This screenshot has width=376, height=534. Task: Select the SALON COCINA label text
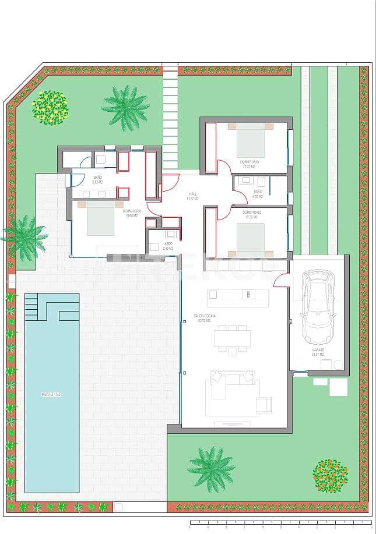205,317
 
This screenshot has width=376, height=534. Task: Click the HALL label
193,196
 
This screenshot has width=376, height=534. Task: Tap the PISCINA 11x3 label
51,395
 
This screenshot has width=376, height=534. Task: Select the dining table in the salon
232,339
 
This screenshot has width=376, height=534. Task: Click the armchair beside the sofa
263,404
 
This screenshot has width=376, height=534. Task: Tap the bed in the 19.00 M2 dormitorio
100,219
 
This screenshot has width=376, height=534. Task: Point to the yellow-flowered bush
50,108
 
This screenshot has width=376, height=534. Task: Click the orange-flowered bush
330,475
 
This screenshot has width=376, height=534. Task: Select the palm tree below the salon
211,468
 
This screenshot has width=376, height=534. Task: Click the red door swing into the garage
282,280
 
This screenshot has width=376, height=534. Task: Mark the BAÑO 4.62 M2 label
258,194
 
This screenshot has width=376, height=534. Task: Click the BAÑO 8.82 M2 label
98,180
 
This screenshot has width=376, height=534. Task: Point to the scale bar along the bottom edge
280,522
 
